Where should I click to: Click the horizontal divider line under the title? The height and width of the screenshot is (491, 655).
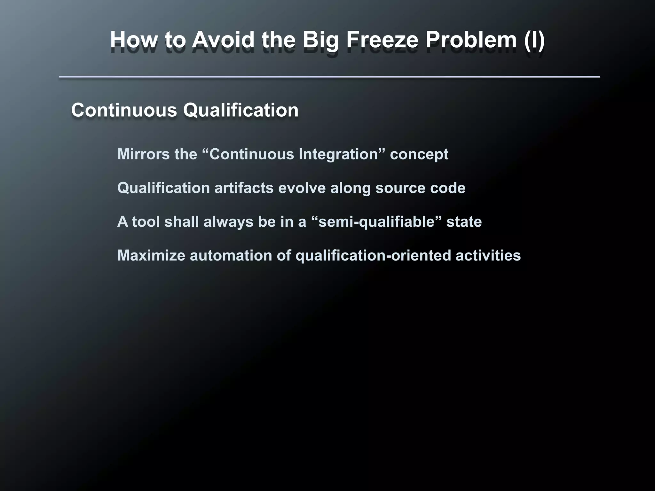329,77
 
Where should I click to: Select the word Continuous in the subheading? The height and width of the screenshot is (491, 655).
124,110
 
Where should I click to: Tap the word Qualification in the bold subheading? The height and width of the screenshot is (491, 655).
241,110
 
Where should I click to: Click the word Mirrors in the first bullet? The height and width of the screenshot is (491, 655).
143,154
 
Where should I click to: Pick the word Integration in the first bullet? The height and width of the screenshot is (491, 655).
338,154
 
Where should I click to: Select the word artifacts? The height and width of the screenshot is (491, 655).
244,188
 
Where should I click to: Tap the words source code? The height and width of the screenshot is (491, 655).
420,188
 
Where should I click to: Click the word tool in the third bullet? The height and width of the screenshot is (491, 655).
146,222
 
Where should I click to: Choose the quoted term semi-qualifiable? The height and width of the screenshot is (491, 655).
377,222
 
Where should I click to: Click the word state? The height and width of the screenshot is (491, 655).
464,222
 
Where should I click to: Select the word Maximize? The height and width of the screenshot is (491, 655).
151,255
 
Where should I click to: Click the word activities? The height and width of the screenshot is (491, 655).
488,255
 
